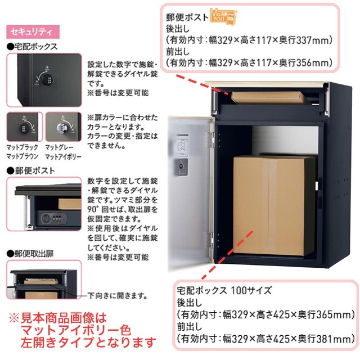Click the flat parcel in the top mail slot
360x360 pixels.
(x=269, y=96)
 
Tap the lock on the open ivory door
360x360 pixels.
(x=182, y=166)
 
